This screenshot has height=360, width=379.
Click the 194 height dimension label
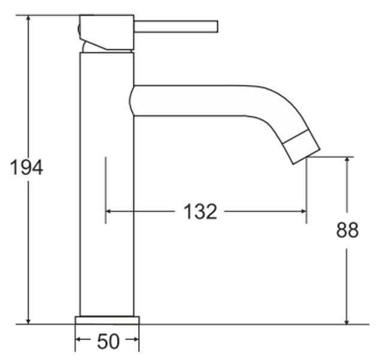pos(26,167)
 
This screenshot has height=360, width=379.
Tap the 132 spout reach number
pos(200,212)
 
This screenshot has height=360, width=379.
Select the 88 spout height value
pos(347,230)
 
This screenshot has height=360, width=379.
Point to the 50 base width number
pos(109,341)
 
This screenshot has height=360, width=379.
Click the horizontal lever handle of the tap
pos(176,26)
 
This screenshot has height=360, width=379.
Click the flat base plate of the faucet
pos(107,320)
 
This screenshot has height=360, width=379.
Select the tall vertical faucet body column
pos(107,184)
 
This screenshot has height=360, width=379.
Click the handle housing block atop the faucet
pos(107,32)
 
